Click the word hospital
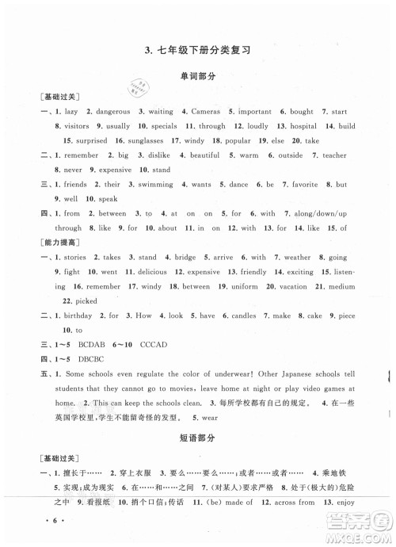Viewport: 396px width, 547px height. coord(303,126)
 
